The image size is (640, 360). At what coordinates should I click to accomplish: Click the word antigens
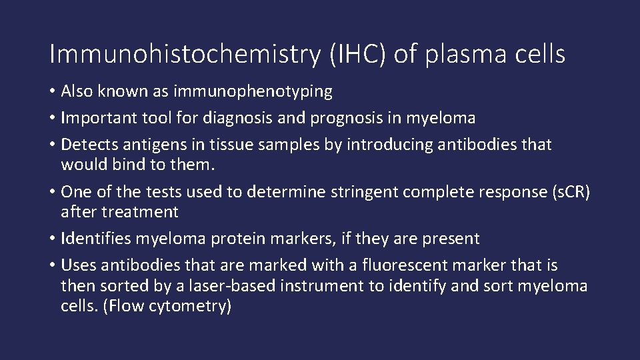coord(144,145)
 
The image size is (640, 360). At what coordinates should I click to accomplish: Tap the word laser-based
coord(227,287)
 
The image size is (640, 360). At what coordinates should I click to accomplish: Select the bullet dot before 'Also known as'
coord(53,92)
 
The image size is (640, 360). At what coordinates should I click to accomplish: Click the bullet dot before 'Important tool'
coord(53,119)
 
